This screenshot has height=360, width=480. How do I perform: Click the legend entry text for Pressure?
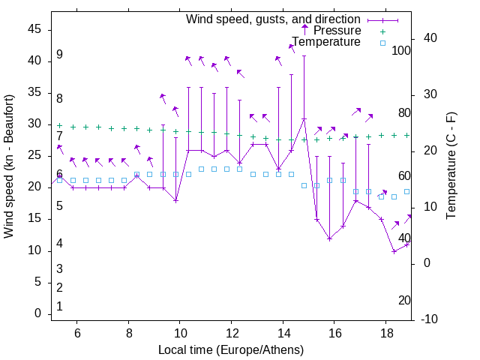[337, 31]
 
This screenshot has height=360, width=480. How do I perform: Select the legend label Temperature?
[326, 42]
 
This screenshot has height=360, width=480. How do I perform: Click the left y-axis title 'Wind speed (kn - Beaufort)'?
[9, 166]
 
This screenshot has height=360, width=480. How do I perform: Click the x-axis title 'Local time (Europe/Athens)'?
[231, 350]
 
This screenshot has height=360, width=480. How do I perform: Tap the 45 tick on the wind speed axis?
[35, 28]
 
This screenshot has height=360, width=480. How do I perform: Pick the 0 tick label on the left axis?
[39, 313]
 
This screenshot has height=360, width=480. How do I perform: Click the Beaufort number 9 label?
[59, 55]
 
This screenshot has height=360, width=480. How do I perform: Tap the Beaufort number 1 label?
[59, 306]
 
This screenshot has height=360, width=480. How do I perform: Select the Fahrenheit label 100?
[402, 50]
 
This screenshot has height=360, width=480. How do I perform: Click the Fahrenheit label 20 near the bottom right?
[404, 300]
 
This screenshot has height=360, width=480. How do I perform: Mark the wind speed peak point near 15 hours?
[304, 119]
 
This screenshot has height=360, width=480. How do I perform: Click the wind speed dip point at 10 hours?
[175, 201]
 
